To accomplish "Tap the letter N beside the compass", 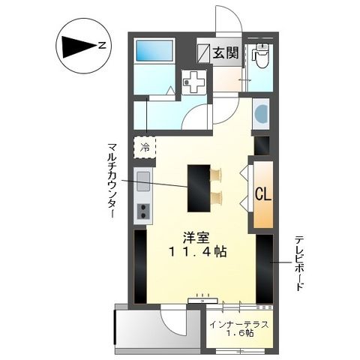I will click(x=102, y=47).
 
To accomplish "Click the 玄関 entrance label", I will click(x=226, y=54).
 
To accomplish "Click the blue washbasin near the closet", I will click(x=260, y=115).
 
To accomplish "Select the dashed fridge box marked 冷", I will click(x=145, y=146).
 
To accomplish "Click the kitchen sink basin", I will click(x=142, y=178).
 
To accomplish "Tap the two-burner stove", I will click(x=142, y=211).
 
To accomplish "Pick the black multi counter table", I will click(x=199, y=187).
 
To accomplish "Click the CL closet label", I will click(x=262, y=194).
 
